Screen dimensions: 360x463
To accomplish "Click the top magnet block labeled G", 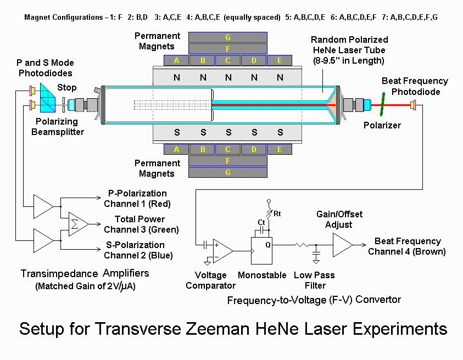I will click(x=228, y=37).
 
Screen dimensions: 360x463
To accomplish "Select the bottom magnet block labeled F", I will click(x=228, y=161).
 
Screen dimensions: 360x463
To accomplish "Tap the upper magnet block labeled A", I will click(x=176, y=60).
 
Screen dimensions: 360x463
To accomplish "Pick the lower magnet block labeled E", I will click(x=280, y=149).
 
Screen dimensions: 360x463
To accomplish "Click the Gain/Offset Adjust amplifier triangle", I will click(x=342, y=245).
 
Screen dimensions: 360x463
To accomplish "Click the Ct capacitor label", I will click(x=261, y=222).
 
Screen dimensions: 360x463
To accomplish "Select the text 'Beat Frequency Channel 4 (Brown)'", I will click(x=407, y=246).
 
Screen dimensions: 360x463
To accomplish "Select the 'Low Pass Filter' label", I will click(x=315, y=280).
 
